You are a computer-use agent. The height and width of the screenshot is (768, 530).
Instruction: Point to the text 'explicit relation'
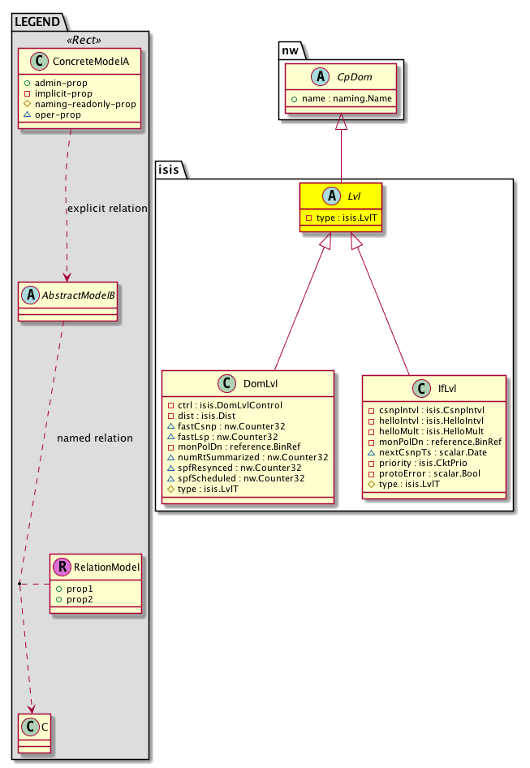tap(107, 209)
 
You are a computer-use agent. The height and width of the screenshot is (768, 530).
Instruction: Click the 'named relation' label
tap(95, 438)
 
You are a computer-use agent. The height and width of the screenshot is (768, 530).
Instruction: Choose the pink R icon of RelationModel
tap(62, 567)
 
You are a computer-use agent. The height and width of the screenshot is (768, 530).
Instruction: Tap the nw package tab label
tap(292, 50)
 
